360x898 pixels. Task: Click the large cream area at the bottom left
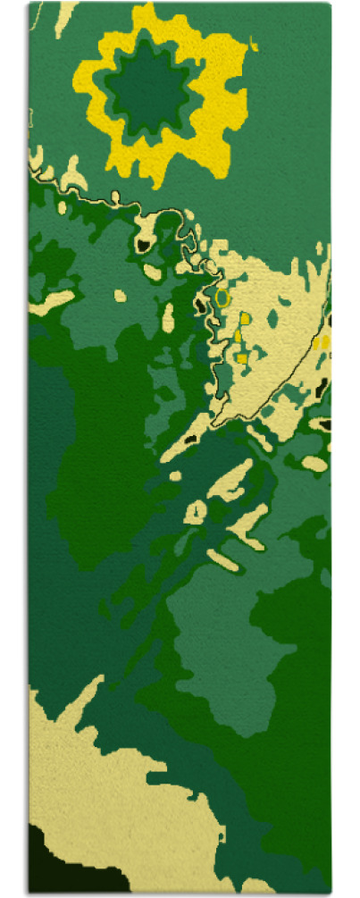click(107, 786)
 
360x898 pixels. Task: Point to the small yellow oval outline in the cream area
click(222, 295)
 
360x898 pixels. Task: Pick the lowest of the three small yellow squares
click(241, 358)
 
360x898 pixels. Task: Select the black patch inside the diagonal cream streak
click(189, 441)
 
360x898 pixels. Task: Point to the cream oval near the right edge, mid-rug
click(314, 464)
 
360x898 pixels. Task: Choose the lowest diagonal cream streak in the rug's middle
click(223, 559)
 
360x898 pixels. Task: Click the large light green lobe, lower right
click(223, 625)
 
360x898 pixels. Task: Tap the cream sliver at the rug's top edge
click(64, 18)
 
